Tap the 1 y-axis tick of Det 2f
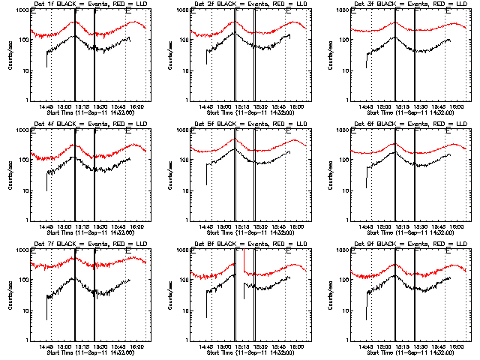click(x=184, y=100)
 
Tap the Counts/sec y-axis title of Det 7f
click(x=9, y=295)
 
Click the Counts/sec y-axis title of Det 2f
click(x=169, y=55)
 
